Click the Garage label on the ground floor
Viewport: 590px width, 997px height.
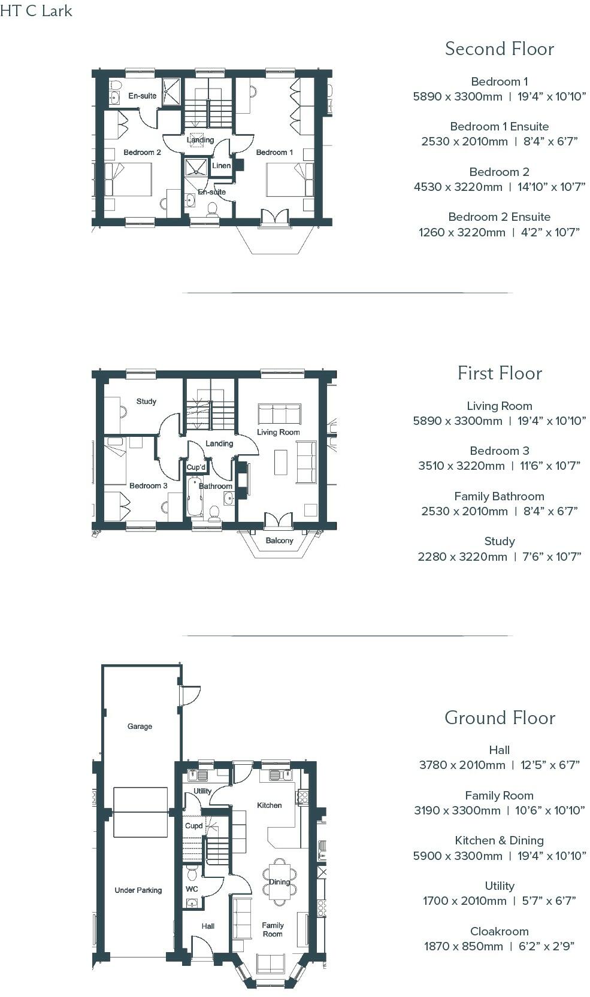(140, 726)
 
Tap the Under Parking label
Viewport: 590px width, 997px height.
(138, 890)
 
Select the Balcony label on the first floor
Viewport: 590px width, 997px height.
(279, 540)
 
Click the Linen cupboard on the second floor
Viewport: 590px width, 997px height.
(221, 165)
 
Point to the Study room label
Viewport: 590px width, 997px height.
(146, 401)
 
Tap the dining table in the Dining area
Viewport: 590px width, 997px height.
(279, 881)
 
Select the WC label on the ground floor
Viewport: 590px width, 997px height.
(192, 889)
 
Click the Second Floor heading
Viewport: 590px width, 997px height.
(499, 49)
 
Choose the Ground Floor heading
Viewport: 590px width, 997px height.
(499, 718)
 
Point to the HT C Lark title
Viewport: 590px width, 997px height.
(36, 11)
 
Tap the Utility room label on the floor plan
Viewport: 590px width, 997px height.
(202, 791)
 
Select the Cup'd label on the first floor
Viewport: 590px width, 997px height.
(196, 467)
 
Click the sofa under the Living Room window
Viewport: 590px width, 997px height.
(279, 414)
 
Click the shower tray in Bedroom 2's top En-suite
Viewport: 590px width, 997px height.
(171, 91)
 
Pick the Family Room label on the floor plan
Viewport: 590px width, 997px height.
(273, 929)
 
